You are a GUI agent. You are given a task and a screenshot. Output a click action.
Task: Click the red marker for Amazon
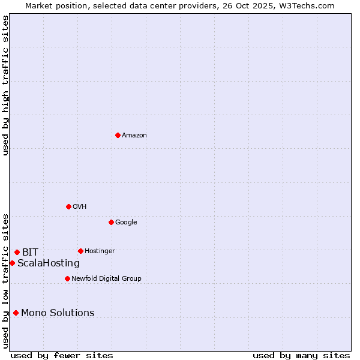coord(118,135)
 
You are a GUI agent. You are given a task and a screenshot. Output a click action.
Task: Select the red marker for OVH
coord(68,206)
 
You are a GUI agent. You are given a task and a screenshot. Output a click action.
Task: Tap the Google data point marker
coord(111,222)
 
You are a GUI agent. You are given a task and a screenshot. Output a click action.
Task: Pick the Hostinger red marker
coord(80,251)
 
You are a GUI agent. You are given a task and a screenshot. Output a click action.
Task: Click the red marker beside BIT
coord(17,252)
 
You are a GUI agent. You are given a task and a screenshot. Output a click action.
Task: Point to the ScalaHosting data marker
coord(12,263)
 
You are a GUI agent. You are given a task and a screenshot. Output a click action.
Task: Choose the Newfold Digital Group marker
coord(67,278)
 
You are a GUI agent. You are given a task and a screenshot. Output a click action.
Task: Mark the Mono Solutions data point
coord(16,313)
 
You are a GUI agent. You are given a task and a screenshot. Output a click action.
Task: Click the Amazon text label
coord(134,136)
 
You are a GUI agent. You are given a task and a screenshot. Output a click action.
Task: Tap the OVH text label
coord(80,207)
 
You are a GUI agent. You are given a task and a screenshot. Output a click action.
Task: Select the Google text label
coord(126,223)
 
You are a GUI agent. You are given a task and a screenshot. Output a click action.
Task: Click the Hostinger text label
coord(100,251)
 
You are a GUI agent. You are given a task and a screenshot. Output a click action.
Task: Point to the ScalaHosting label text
coord(49,263)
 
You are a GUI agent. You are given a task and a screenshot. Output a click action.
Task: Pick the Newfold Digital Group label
coord(106,279)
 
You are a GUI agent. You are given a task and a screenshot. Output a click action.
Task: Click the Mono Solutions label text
coord(58,313)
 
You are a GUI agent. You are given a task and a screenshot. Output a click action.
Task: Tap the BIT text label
coord(30,253)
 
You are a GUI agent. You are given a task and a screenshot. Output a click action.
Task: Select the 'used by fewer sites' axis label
coord(62,355)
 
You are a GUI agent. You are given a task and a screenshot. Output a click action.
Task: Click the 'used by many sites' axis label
coord(301,355)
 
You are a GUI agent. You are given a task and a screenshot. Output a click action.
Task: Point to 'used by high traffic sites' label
coord(5,85)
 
